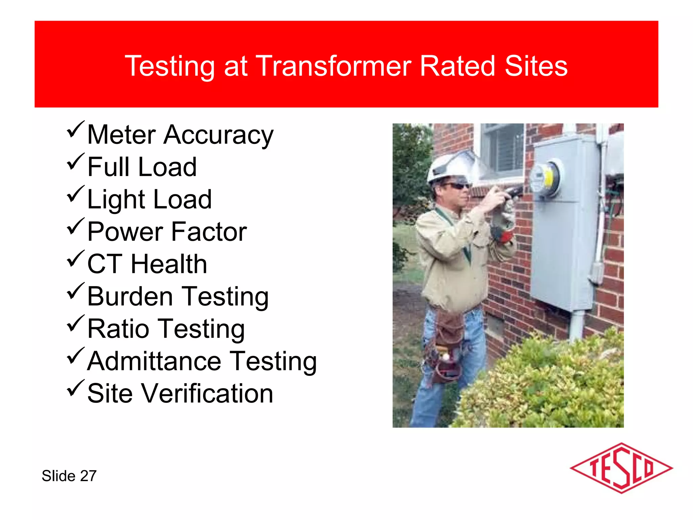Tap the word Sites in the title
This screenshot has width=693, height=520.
[536, 66]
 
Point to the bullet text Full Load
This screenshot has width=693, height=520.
[142, 167]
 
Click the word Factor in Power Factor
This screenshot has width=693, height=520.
[209, 232]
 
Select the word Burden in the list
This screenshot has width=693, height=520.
[130, 297]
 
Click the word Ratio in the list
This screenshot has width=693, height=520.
[118, 329]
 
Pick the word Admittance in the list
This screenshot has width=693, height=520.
[154, 361]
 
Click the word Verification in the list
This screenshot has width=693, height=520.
[207, 394]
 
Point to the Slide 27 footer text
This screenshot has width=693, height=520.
[69, 476]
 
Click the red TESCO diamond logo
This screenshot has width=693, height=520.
[621, 469]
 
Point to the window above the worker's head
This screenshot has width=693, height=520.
[503, 149]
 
